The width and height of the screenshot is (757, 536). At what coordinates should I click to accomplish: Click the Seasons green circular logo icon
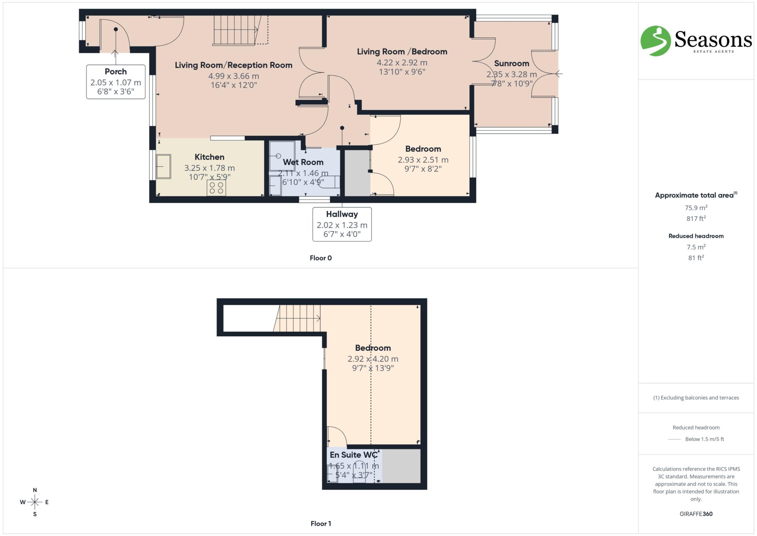point(655,41)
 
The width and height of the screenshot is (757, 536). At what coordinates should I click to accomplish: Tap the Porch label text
point(116,72)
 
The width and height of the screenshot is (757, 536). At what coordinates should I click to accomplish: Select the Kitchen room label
point(209,157)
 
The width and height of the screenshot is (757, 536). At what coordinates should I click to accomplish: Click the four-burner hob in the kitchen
point(216,188)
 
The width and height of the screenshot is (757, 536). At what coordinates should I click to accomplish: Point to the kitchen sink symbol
point(163,166)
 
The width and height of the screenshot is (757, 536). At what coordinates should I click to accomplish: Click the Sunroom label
point(512,63)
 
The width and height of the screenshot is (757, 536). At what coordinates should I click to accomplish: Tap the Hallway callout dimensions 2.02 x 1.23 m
point(342,225)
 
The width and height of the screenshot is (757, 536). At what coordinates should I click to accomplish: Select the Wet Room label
point(303,162)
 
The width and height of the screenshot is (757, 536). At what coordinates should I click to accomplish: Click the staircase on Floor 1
point(299,318)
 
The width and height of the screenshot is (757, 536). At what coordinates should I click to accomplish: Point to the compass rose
point(35,502)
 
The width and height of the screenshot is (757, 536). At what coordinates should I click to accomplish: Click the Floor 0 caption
point(320,258)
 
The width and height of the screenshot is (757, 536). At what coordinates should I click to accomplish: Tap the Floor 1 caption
point(320,524)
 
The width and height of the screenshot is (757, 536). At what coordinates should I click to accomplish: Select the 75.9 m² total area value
point(696,208)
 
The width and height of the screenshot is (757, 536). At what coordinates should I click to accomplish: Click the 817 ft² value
point(696,219)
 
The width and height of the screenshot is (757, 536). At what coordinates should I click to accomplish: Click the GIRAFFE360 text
point(696,514)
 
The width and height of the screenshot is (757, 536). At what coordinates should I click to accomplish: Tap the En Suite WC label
point(353,455)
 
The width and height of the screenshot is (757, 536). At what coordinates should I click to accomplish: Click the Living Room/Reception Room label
point(234,65)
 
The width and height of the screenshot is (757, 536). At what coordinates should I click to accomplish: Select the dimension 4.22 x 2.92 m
point(402,63)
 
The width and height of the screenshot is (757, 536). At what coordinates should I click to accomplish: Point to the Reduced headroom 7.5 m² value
point(696,247)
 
